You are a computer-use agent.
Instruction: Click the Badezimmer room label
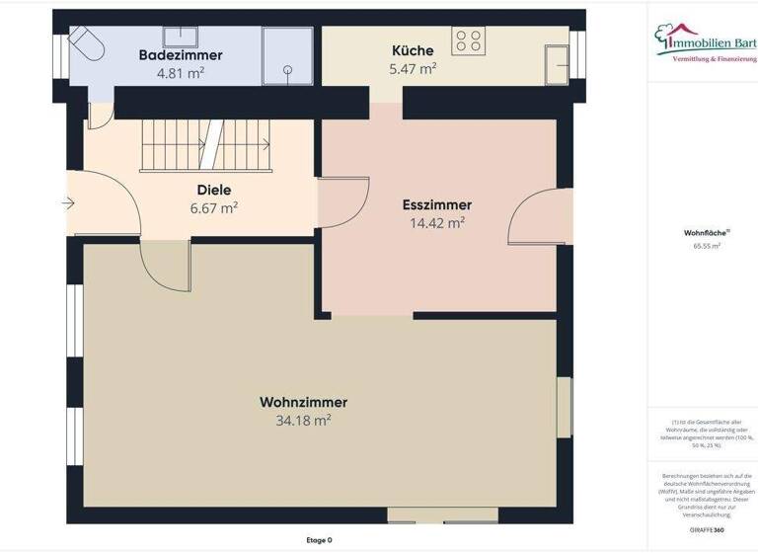pos(181,55)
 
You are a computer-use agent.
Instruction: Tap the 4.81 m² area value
pos(181,72)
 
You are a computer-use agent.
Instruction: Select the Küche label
pos(413,51)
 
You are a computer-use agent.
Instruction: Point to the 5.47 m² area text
pos(413,69)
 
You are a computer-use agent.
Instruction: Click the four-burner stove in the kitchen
pos(467,40)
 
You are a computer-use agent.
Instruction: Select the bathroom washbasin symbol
pos(181,37)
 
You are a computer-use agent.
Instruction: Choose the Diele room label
pos(214,191)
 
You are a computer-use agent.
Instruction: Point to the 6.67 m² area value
pos(214,208)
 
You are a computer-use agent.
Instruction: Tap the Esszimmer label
pos(437,205)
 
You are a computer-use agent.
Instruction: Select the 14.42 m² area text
pos(437,223)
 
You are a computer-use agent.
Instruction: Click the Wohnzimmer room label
pos(303,403)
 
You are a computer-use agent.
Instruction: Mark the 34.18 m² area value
pos(303,421)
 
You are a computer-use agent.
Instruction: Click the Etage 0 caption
pos(320,540)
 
